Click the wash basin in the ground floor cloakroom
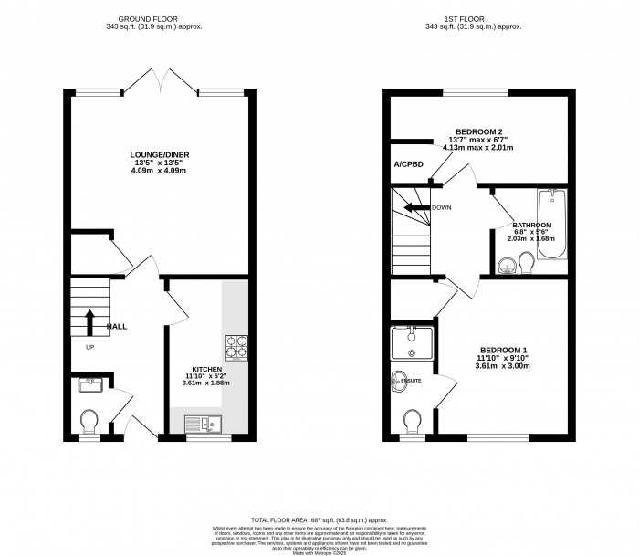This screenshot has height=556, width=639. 89,384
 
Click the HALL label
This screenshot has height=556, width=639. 117,326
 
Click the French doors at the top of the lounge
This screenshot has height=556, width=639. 162,84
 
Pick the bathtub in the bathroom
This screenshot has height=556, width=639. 554,225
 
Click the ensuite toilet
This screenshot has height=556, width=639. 411,419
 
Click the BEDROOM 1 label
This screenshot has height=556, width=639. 504,351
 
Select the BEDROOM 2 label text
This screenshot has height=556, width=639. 478,131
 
